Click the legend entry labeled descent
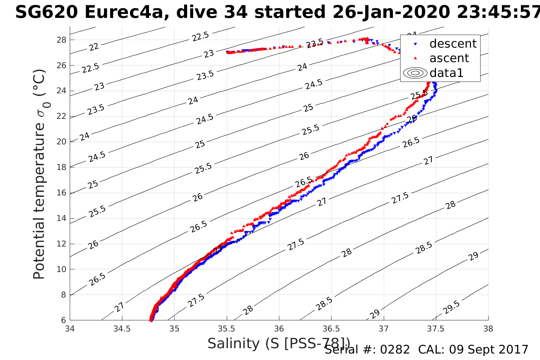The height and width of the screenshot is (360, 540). click(x=453, y=44)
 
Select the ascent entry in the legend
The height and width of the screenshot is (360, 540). click(x=449, y=58)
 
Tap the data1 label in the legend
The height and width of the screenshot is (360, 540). click(x=446, y=73)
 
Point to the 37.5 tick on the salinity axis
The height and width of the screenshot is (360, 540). click(x=436, y=328)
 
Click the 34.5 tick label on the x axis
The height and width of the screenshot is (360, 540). click(x=122, y=328)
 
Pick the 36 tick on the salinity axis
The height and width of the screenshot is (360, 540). click(x=279, y=328)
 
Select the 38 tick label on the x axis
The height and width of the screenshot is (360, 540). click(x=488, y=328)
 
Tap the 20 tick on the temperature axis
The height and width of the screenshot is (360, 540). click(x=61, y=142)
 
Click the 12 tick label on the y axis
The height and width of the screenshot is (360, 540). click(x=61, y=244)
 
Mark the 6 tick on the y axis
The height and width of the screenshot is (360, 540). click(x=63, y=320)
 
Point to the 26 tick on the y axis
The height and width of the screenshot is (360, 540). click(x=61, y=65)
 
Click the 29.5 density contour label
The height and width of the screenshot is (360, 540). click(x=452, y=307)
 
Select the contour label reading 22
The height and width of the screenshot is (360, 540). click(x=94, y=47)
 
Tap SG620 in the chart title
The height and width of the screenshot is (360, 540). click(x=46, y=13)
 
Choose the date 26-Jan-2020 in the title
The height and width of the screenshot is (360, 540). click(x=391, y=13)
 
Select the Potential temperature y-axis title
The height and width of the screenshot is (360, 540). click(x=40, y=174)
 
